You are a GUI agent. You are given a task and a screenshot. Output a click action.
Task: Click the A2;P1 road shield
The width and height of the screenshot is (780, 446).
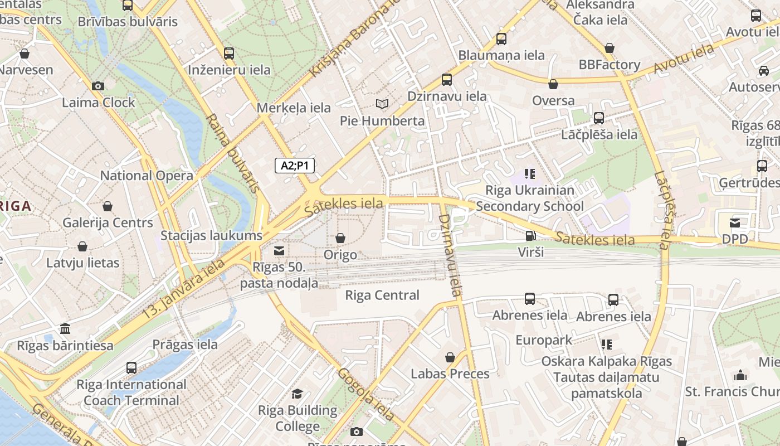(295, 166)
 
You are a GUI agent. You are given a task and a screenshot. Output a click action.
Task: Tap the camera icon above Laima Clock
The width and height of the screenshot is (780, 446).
(98, 86)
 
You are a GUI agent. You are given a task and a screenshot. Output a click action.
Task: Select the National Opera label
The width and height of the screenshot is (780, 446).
(147, 176)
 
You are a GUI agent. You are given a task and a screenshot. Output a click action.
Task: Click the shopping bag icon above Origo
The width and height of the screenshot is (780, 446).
(340, 239)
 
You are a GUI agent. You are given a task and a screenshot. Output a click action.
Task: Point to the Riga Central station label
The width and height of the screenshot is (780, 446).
(382, 295)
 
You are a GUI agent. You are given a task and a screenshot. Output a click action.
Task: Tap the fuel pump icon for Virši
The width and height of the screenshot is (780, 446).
(530, 236)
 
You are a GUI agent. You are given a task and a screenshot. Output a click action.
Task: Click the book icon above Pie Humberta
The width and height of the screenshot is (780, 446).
(382, 104)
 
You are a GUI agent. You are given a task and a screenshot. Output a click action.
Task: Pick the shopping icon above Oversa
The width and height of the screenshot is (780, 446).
(553, 84)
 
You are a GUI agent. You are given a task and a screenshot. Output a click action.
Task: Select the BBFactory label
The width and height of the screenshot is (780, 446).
(610, 65)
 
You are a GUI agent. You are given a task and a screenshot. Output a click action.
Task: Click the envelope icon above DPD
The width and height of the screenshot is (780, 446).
(735, 223)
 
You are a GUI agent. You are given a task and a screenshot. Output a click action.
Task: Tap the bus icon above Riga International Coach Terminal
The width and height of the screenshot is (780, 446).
(131, 368)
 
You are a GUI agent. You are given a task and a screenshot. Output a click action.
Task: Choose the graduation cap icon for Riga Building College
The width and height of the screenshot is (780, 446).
(298, 394)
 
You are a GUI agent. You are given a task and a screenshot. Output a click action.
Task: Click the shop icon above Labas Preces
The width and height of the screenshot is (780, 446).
(450, 357)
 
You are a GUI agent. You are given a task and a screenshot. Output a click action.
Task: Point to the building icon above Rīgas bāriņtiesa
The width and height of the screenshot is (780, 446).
(65, 328)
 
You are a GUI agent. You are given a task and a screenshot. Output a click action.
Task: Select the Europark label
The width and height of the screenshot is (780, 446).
(544, 340)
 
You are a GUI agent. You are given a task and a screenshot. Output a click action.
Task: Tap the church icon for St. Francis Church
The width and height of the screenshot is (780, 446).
(740, 375)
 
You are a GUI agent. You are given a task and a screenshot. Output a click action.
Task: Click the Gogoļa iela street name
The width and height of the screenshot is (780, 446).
(367, 394)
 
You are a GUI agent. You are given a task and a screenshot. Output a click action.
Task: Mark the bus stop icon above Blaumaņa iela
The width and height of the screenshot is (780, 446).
(501, 39)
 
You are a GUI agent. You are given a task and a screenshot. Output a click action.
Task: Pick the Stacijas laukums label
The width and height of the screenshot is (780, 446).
(211, 235)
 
